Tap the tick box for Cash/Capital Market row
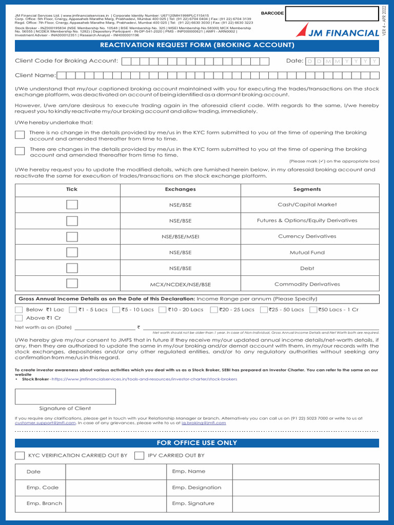72,205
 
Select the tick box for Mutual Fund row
72,252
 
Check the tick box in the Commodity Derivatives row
72,284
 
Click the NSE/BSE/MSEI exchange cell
180,236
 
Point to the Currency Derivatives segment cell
307,236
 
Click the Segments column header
307,189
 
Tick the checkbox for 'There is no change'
19,135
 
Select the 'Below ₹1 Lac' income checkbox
19,310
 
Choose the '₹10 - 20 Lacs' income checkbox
163,310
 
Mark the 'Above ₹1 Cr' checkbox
19,318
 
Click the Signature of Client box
65,396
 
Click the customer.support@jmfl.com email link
45,423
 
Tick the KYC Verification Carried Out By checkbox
19,455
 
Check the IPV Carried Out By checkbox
139,455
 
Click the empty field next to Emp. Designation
306,488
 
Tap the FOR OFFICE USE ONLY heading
197,443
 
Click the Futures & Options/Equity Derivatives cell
307,220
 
